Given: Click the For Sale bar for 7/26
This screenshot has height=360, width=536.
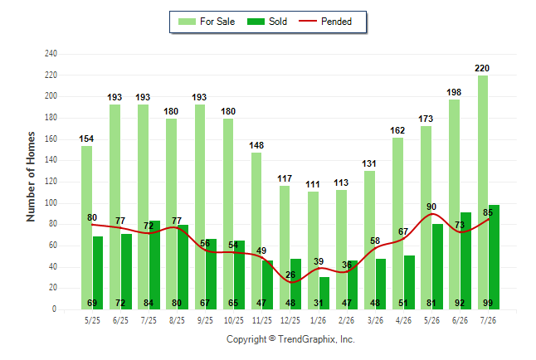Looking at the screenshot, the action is (x=483, y=192).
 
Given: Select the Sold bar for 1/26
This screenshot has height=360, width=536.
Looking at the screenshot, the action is (x=324, y=293).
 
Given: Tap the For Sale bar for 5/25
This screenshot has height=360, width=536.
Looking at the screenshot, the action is (x=86, y=227).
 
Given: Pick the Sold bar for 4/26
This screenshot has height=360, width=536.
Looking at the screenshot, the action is (x=409, y=282).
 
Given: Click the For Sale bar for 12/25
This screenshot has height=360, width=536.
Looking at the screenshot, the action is (x=285, y=247).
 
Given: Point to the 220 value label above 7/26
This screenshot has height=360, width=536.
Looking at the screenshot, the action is (x=482, y=68).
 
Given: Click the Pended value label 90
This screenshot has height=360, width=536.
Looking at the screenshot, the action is (x=431, y=207).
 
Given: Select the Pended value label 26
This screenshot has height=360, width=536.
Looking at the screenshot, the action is (x=290, y=275).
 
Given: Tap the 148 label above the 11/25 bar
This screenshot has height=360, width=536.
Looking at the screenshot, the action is (x=256, y=145).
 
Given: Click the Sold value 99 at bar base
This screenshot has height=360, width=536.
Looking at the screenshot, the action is (x=488, y=303).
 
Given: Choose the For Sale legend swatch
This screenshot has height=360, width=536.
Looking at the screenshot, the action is (x=187, y=22).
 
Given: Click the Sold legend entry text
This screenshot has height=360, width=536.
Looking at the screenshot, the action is (x=278, y=22).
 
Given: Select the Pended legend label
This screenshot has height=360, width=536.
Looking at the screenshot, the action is (x=336, y=22).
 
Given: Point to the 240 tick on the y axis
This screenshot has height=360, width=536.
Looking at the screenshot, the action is (x=51, y=54).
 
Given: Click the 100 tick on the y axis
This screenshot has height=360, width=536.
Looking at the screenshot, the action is (x=51, y=202).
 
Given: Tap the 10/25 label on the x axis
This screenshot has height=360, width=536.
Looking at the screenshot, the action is (x=234, y=320).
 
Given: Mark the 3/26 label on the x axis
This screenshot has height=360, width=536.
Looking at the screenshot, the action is (x=375, y=320).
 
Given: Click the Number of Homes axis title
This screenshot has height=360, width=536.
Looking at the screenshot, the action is (x=31, y=177).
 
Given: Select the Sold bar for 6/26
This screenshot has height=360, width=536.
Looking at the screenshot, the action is (x=465, y=260).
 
